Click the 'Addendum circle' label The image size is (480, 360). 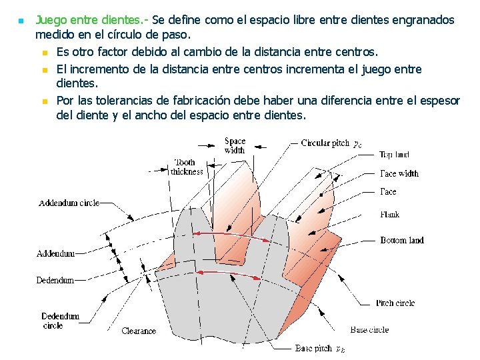[x=69, y=203]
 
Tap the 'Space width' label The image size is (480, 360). [x=235, y=145]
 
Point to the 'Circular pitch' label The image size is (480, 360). [x=325, y=143]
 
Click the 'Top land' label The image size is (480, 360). [x=394, y=155]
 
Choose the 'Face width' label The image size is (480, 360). [x=399, y=173]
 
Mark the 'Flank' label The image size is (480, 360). [x=390, y=215]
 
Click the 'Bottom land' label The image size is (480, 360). [x=401, y=240]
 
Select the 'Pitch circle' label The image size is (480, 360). [x=395, y=303]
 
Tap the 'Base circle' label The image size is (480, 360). [x=369, y=330]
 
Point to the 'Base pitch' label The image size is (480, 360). [x=314, y=349]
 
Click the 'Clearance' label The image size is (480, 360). [x=139, y=331]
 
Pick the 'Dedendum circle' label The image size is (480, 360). [x=60, y=321]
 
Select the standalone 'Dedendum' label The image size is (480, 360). [x=55, y=281]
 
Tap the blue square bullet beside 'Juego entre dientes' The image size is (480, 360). [x=20, y=21]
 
